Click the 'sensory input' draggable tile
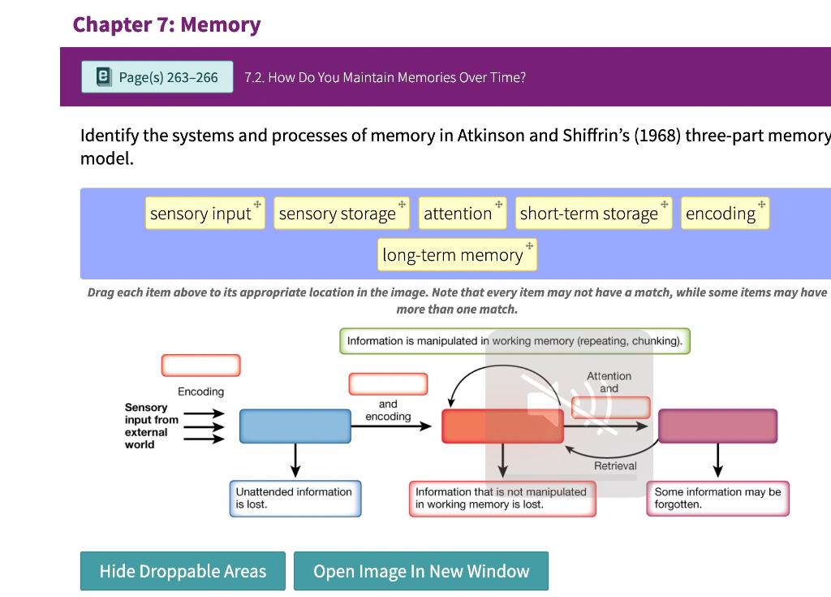(205, 214)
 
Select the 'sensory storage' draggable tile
(342, 214)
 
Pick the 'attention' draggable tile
(463, 214)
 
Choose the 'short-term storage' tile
(593, 214)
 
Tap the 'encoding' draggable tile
(725, 214)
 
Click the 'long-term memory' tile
(458, 255)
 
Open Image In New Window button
(421, 571)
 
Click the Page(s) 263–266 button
(157, 77)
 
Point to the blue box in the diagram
(295, 426)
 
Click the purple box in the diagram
(718, 426)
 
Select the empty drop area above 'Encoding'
(201, 366)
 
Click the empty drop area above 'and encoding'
(389, 384)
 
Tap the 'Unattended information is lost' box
(295, 498)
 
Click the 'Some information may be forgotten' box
(718, 498)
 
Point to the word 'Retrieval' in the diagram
(615, 466)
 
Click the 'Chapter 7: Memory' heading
(166, 24)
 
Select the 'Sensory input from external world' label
(152, 426)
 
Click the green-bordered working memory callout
(515, 341)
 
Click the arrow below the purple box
(718, 460)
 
